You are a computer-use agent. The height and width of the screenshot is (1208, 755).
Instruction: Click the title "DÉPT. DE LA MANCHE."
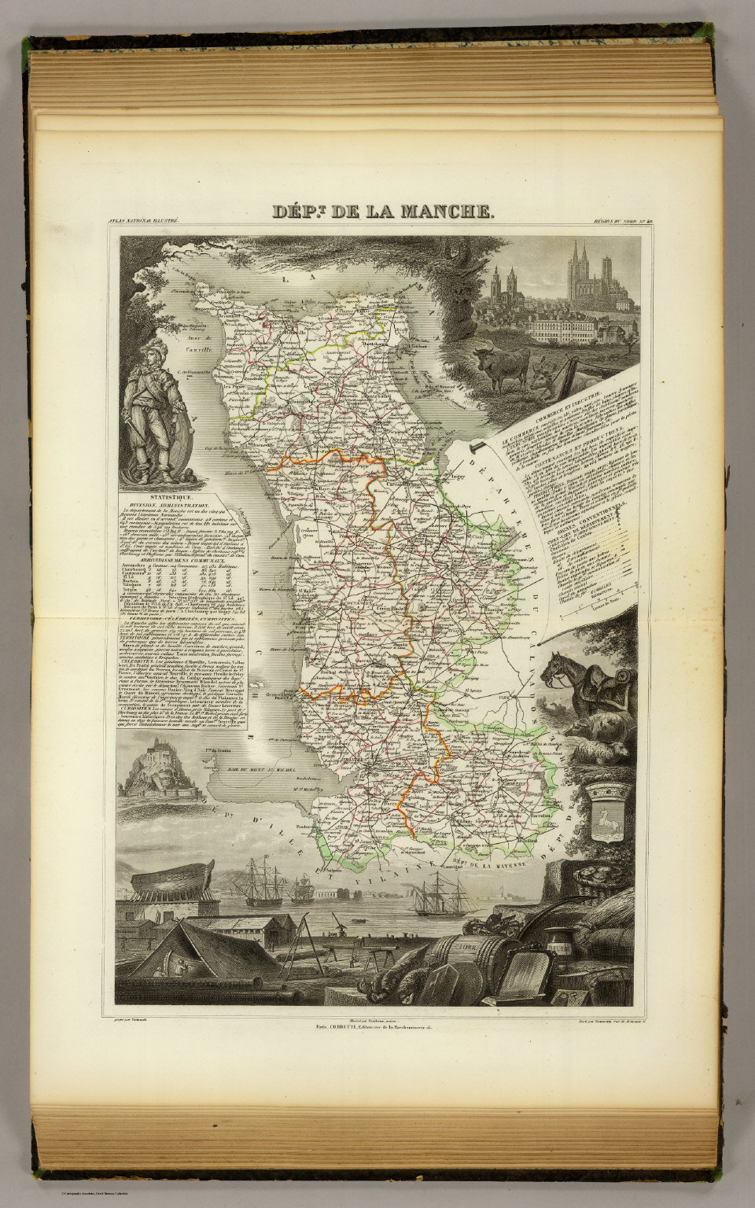[383, 212]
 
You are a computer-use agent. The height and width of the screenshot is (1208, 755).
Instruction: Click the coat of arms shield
[606, 814]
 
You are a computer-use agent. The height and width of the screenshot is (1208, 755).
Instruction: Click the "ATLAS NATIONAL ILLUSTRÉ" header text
[146, 223]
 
